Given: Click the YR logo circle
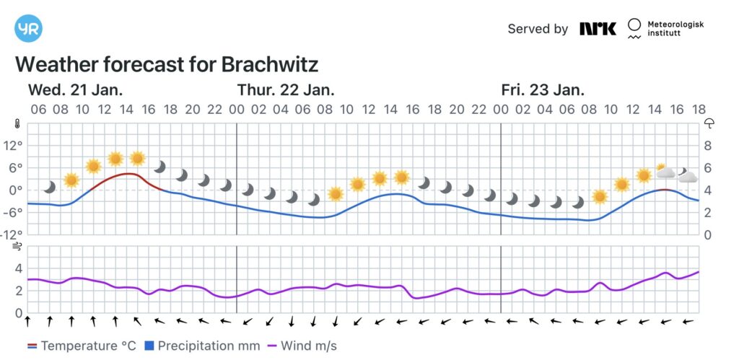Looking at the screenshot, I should tap(28, 28).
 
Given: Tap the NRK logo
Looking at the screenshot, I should tap(598, 29).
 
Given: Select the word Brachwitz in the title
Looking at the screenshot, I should tap(270, 64).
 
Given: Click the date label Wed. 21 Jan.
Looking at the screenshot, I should tap(75, 90).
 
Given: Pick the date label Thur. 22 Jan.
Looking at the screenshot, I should tap(286, 90).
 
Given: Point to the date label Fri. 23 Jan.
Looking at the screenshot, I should tap(543, 90).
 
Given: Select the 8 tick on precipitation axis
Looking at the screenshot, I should tap(709, 145).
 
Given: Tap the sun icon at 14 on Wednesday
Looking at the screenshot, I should tap(137, 158).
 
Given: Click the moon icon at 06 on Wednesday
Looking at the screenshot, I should tap(49, 187).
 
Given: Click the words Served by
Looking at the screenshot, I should tap(538, 29).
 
